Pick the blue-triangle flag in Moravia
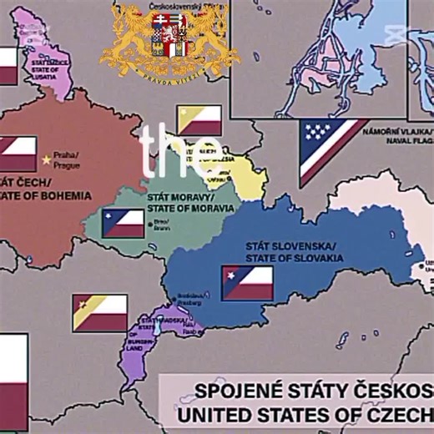click(x=123, y=224)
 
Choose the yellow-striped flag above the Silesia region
click(x=199, y=119)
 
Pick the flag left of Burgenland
click(x=99, y=312)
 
